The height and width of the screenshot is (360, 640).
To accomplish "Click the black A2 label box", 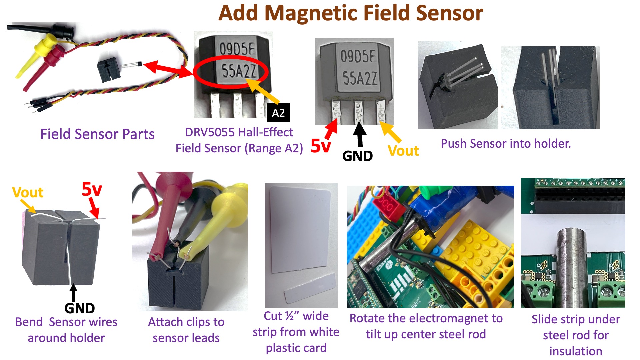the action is (279, 113).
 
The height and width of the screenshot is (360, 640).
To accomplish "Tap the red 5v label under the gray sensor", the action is (321, 146).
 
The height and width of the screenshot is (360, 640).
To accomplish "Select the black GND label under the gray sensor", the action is (357, 156).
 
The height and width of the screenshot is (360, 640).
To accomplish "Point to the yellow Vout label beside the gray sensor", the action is (403, 151).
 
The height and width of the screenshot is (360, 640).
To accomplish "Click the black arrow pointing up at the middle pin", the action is (359, 134).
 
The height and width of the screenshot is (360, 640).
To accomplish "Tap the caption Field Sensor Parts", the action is (97, 134).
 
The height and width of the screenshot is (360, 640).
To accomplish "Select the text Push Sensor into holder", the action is (506, 143).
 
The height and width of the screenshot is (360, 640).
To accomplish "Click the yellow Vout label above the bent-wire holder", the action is (28, 192).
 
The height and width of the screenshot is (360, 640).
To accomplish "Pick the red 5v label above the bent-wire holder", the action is (92, 189).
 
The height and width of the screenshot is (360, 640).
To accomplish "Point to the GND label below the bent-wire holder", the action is (80, 308).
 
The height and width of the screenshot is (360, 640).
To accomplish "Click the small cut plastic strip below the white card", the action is (310, 287).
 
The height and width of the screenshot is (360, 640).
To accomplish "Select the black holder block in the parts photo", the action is (109, 69).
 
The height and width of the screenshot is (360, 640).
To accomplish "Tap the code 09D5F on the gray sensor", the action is (358, 56).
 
